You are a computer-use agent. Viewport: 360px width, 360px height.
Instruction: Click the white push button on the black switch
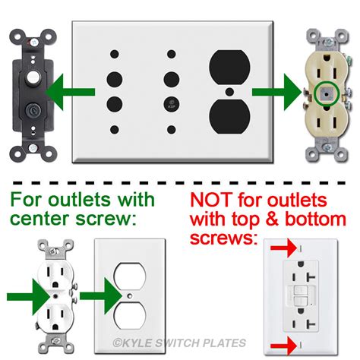pos(33,76)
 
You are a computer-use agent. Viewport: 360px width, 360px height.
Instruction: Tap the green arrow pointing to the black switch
pos(71,92)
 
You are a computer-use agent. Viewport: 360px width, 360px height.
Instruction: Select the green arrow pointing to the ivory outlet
pos(276,92)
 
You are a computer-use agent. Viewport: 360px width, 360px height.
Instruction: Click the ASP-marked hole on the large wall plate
pos(172,105)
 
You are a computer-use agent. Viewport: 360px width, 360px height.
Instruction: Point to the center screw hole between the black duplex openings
pos(229,92)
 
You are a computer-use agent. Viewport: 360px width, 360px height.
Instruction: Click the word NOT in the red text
pos(210,200)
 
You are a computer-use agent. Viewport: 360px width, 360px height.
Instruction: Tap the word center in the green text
pos(39,219)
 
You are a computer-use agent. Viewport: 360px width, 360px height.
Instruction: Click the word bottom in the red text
pos(315,219)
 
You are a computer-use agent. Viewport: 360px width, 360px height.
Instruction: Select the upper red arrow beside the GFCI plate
pos(284,248)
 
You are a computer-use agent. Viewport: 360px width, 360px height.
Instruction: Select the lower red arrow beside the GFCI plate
pos(284,345)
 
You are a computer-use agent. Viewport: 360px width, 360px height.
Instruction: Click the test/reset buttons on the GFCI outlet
pos(301,295)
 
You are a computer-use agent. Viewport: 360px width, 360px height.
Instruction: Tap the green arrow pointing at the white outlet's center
pos(28,297)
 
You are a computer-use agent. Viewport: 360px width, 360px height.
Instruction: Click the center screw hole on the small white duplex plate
pos(130,295)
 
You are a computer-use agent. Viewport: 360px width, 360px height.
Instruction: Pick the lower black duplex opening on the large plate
pos(229,116)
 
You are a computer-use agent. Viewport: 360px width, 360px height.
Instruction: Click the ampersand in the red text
pos(272,219)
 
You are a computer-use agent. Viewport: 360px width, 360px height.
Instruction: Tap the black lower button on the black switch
pos(33,110)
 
